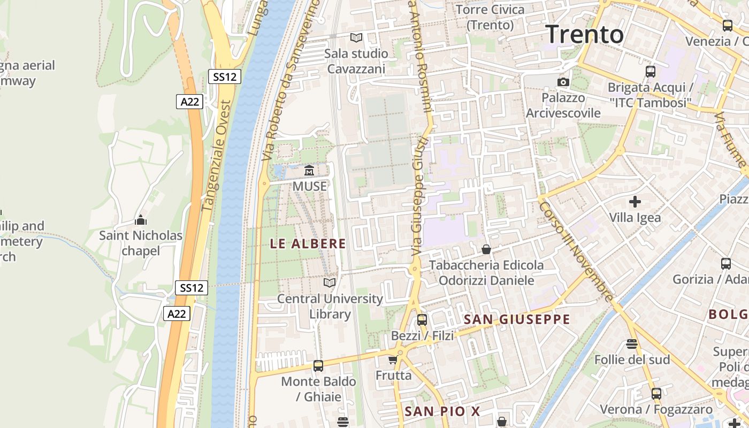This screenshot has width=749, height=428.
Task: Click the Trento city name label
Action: point(585,34)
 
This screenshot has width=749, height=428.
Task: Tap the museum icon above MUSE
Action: point(309,171)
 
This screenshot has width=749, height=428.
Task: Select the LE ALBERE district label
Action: point(308,244)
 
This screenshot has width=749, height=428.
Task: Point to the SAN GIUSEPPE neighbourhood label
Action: point(517,320)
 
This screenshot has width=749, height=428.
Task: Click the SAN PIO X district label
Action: point(442,411)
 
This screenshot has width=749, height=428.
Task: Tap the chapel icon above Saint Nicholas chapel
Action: point(141,220)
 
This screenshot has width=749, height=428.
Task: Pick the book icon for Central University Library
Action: point(330,282)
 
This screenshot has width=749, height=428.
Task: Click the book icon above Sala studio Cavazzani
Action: point(356,37)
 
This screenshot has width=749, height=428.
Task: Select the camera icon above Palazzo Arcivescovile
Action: point(563,82)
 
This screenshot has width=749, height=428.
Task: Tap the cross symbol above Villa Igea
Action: point(635,202)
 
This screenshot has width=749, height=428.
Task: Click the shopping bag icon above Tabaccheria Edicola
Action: point(486,249)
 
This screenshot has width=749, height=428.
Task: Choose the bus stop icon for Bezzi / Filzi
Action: point(422,320)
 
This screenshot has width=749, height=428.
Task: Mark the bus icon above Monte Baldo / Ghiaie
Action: point(318,366)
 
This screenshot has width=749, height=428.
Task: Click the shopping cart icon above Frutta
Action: point(393,360)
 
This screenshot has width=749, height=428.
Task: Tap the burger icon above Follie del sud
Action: point(632,343)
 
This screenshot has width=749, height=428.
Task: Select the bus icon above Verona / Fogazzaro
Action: point(656,394)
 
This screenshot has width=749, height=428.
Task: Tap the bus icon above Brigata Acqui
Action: point(651,72)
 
